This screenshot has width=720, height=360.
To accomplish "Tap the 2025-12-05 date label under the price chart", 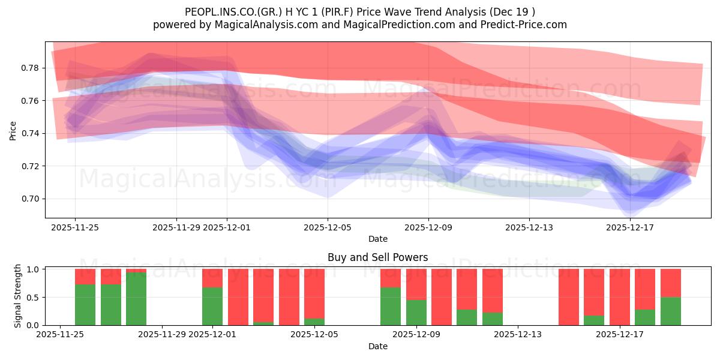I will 328,227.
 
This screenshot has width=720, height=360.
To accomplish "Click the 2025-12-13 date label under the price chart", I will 529,227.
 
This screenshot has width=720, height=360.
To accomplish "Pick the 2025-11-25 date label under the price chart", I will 75,227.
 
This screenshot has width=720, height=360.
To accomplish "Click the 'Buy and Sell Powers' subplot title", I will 377,257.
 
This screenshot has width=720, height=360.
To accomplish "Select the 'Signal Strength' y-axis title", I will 18,296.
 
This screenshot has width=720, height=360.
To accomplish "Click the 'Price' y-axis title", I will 13,130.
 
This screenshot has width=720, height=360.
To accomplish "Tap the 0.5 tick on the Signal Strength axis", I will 34,297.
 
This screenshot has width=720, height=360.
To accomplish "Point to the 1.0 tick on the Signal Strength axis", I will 34,269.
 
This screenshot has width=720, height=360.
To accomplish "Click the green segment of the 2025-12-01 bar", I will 212,306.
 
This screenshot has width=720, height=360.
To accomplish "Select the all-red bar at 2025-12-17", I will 620,297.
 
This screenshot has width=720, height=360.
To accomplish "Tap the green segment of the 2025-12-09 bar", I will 416,312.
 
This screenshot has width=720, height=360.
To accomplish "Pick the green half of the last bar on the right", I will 671,311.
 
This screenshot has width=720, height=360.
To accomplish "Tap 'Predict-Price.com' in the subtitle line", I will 528,25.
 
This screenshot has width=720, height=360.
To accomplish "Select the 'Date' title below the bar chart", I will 377,346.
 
